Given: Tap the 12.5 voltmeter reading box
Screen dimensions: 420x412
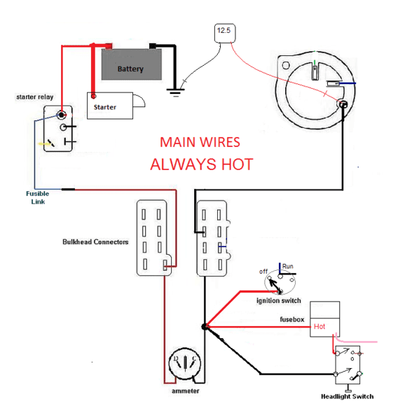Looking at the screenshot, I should tap(223, 31).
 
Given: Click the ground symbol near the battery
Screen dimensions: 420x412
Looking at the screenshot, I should tap(174, 89).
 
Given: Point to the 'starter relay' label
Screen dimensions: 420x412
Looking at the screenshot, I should tap(36, 97).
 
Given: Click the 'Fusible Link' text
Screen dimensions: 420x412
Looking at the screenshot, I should tap(37, 197).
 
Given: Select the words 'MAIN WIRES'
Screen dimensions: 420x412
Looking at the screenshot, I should tap(200, 142).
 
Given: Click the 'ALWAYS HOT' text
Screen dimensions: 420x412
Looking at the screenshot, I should tap(201, 164).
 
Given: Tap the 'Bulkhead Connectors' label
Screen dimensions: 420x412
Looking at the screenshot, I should tap(95, 242).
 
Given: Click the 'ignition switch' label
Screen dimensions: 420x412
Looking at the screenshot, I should tap(278, 300).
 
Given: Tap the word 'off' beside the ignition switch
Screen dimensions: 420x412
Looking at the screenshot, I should tap(263, 271).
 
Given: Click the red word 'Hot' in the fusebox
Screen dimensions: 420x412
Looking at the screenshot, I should tap(320, 326).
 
